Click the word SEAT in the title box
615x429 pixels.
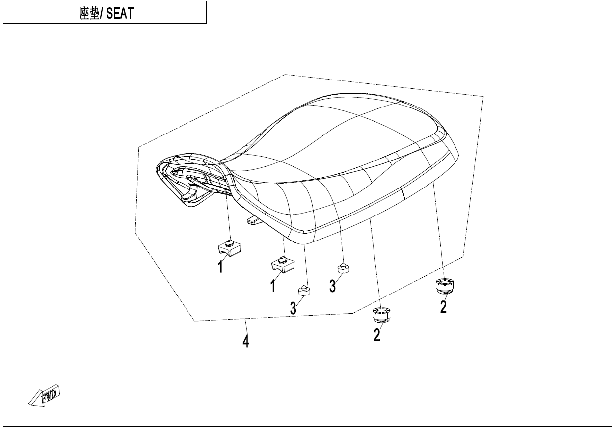(x=120, y=13)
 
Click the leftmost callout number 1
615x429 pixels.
(x=221, y=267)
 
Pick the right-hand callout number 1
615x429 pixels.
(x=273, y=286)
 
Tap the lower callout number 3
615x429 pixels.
(x=293, y=308)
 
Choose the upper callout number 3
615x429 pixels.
(x=333, y=286)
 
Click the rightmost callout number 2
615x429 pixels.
(x=443, y=307)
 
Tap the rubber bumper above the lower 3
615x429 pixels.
(x=305, y=290)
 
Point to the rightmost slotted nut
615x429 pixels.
(x=444, y=285)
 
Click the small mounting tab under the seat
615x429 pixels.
(x=254, y=220)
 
